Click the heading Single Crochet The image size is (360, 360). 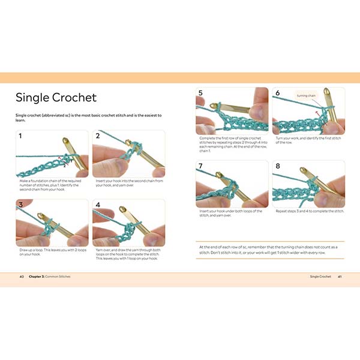[x=56, y=97]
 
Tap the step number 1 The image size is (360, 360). [x=20, y=136]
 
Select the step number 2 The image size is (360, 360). [x=97, y=136]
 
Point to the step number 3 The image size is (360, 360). [x=20, y=205]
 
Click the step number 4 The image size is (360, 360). [x=97, y=205]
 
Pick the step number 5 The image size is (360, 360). [x=201, y=94]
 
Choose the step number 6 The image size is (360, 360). [x=277, y=94]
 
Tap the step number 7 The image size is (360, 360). [x=201, y=166]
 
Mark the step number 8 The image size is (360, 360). [x=277, y=166]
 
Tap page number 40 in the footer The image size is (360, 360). [x=22, y=277]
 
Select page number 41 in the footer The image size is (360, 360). [x=339, y=277]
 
